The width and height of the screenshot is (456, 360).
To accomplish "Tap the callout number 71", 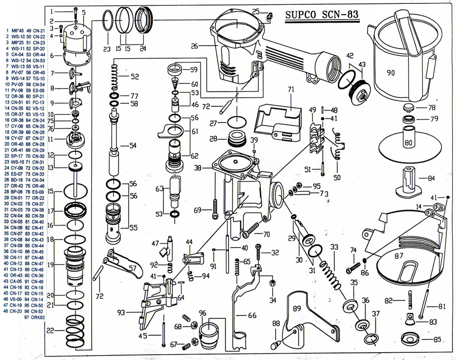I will [x=291, y=90].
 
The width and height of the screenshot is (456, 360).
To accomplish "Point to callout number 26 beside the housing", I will [x=195, y=47].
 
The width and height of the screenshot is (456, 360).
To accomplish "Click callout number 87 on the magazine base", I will [x=399, y=256].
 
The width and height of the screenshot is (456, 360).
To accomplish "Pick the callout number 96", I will [x=202, y=313].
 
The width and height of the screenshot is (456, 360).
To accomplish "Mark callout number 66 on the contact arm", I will [x=252, y=315].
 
